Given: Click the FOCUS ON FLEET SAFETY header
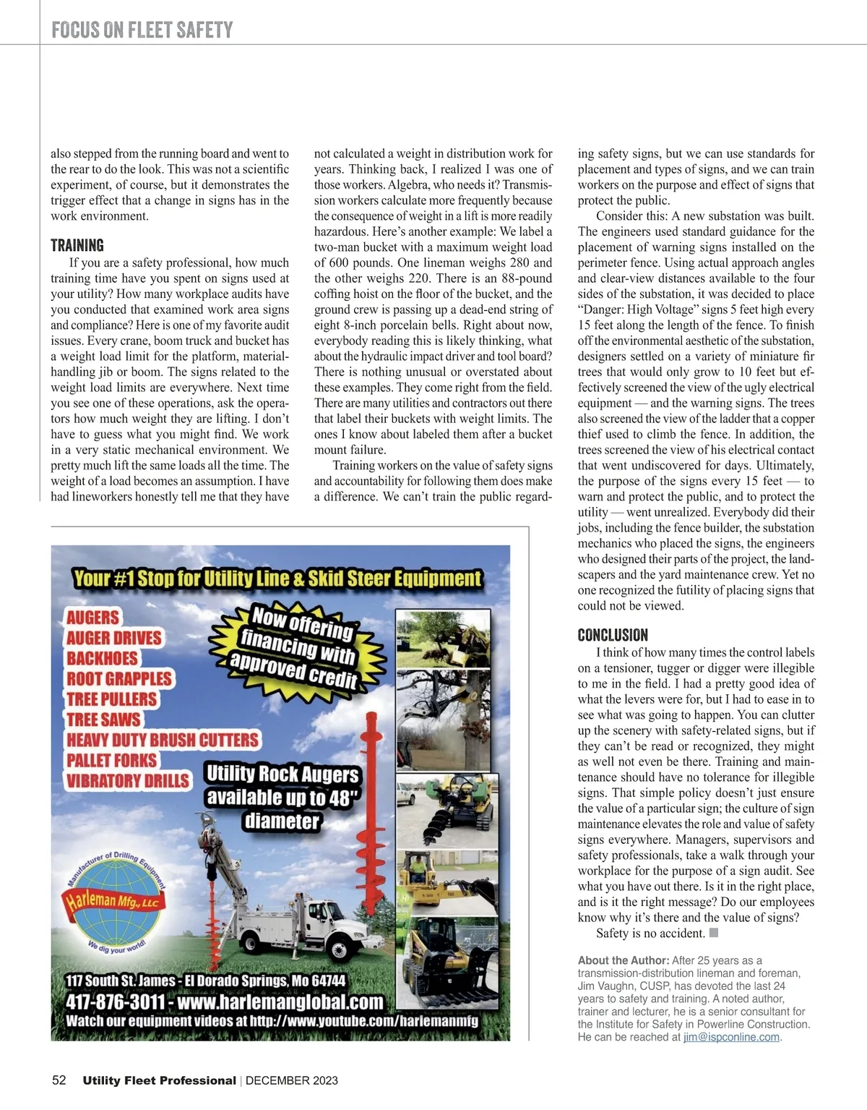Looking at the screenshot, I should pos(142,30).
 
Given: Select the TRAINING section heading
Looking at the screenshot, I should pos(77,245).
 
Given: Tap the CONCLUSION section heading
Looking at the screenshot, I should pos(613,635).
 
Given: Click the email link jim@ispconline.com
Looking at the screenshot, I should pos(732,1037).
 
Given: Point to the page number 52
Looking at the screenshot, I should pos(59,1080).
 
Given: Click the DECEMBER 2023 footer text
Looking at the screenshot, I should pos(292,1081).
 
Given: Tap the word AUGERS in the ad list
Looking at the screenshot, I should pos(92,618).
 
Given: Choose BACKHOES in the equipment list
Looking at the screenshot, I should pos(102,658).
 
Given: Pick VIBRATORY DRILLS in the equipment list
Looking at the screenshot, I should pos(128,781).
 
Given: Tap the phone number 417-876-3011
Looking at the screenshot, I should pos(115,1002).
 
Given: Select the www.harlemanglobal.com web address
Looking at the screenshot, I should pos(280,1002).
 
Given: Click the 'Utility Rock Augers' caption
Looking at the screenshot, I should pos(282,774).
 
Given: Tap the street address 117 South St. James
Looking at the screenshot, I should pos(120,981).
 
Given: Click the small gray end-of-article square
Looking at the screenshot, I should pos(714,933).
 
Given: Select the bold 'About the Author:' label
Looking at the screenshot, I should pos(623,960).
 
